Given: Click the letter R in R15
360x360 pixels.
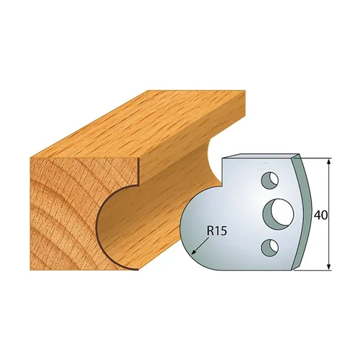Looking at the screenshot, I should point(210,232).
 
